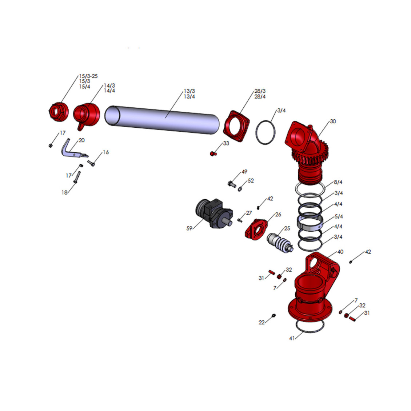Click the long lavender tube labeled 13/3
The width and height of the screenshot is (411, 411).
point(162,120)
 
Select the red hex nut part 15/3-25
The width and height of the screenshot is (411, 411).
point(59,112)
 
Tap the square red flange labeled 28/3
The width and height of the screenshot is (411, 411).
point(236,126)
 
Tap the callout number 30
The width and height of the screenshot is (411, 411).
point(333,121)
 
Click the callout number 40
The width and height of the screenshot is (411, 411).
point(340,252)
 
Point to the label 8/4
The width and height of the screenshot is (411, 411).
point(338,182)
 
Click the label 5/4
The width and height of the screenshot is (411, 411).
point(339,216)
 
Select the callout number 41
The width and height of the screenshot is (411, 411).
point(292,338)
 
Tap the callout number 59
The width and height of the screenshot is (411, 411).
point(189,228)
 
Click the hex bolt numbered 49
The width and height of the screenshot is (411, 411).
point(232,184)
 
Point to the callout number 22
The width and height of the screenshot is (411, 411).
point(262,322)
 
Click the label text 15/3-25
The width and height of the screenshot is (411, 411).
point(88,76)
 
